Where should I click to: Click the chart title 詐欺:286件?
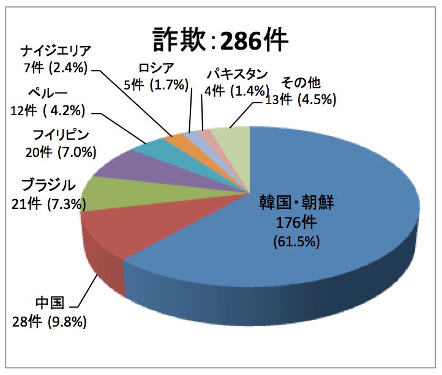pos(220,40)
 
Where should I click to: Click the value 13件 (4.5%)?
pos(299,99)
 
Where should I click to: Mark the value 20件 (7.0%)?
pos(50,150)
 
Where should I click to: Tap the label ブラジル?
pos(49,184)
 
